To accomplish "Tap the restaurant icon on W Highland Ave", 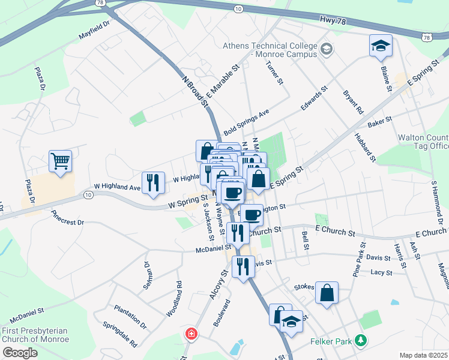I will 152,182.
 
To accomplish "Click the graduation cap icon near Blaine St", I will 381,46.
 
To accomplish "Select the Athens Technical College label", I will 270,50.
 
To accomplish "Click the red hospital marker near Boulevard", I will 191,333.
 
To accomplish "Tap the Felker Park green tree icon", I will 360,341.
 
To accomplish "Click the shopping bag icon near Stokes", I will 327,293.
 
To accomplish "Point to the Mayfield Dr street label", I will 95,32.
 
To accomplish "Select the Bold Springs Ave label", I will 246,122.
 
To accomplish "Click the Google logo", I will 20,353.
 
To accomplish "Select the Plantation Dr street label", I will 130,316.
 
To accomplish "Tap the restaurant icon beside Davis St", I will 243,265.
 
